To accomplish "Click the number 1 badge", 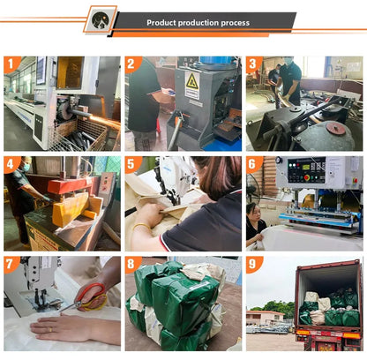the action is tap(11, 64).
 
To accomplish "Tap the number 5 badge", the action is tap(131, 163).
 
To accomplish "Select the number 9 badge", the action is tap(253, 264).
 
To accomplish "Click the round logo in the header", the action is tap(101, 20).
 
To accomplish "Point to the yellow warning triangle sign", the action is tap(192, 80).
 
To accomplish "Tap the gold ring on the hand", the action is tap(50, 330).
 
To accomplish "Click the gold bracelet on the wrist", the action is tap(142, 227).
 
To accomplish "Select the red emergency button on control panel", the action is tap(307, 177).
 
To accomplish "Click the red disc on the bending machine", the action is tap(336, 129).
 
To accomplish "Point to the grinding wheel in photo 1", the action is tap(64, 109).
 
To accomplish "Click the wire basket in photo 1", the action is tap(77, 136).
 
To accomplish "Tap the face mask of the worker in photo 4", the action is tap(26, 168).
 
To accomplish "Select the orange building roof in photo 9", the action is tap(266, 312).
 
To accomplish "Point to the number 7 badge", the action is tap(11, 264).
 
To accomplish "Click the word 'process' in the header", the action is tap(236, 23).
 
